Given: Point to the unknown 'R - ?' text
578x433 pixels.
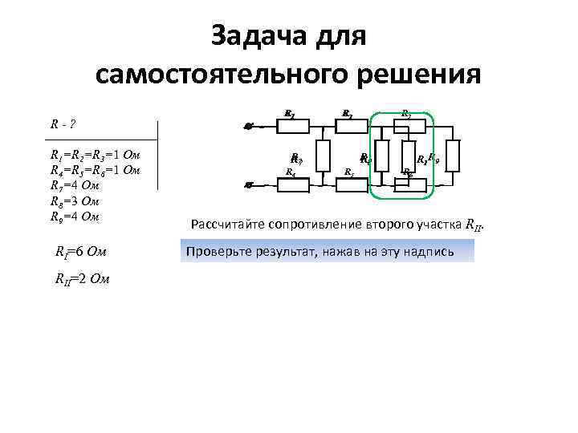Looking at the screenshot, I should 64,124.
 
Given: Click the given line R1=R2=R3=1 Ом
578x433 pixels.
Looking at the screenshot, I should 96,155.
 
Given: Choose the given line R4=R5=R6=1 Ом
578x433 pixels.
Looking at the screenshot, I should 96,170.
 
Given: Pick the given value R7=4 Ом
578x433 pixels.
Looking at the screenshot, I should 75,186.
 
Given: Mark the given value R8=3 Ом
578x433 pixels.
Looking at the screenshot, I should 75,201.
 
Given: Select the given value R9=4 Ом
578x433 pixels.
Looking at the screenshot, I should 75,216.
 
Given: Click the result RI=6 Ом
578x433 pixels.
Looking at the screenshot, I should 81,254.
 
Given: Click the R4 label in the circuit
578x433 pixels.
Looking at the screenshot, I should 291,172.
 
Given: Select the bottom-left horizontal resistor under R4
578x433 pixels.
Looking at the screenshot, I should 292,184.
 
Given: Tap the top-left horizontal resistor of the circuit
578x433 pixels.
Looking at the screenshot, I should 292,126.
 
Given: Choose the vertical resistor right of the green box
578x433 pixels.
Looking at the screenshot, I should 454,155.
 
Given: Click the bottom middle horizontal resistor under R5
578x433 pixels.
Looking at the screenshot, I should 348,184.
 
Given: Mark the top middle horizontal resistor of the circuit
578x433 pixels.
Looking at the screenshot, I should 348,126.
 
